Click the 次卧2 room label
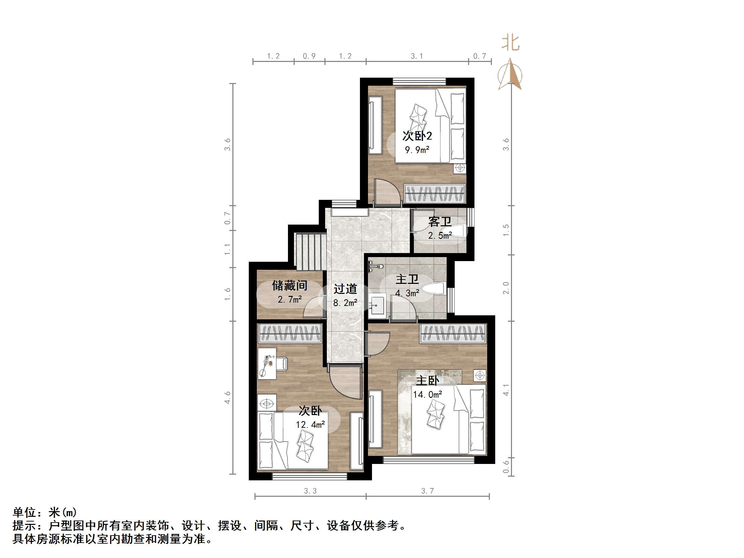coord(417,136)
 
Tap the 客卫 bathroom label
coord(440,222)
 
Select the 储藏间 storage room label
coord(289,286)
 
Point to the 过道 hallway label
coord(345,289)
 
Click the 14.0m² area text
coord(428,394)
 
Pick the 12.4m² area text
coord(310,424)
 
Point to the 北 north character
coord(510,44)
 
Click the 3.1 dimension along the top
coord(417,56)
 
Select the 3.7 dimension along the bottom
coord(428,491)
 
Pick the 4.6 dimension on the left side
coord(228,398)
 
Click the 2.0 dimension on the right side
coord(506,288)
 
